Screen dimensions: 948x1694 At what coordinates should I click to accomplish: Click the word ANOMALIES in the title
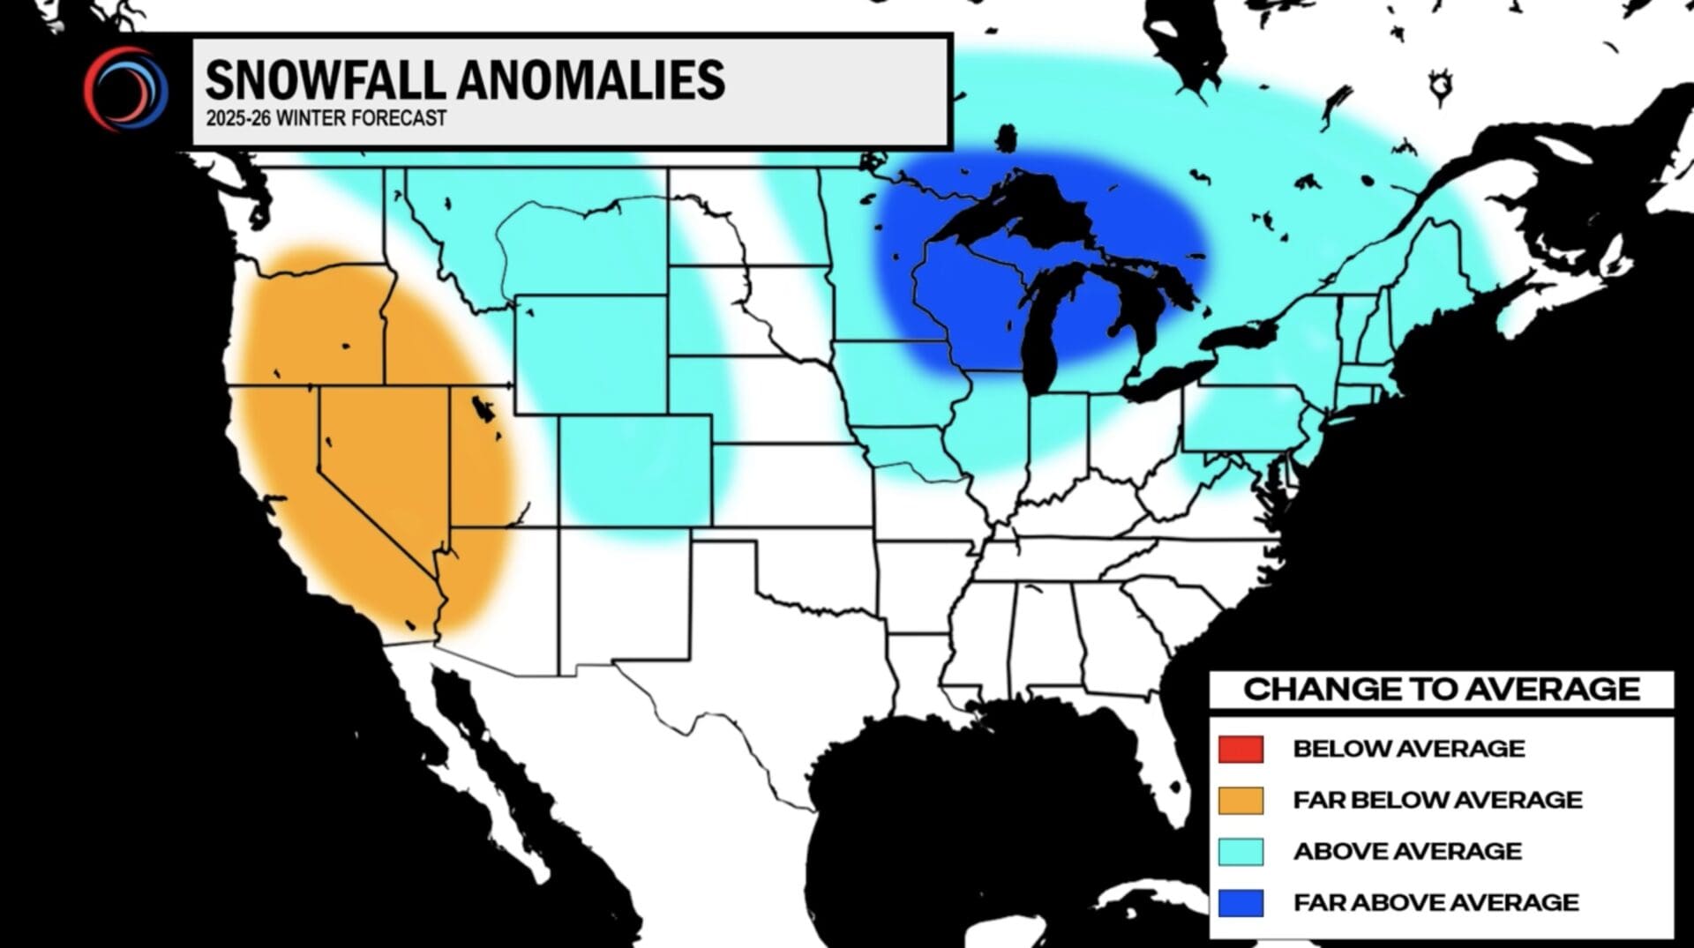pos(591,80)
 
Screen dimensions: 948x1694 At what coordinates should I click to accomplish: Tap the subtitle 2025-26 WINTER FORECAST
pos(326,118)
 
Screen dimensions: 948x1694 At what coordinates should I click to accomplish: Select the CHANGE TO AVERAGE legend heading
pos(1441,689)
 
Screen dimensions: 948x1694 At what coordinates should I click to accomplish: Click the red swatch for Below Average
pos(1241,749)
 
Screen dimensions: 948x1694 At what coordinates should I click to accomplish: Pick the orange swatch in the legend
pos(1241,800)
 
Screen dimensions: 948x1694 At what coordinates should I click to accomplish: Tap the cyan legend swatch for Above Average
pos(1241,851)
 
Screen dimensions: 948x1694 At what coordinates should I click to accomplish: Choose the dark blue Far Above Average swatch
pos(1241,902)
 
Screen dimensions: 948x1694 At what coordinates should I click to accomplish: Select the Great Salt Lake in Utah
pos(483,409)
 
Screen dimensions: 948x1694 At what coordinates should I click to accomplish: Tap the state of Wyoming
pos(591,353)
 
